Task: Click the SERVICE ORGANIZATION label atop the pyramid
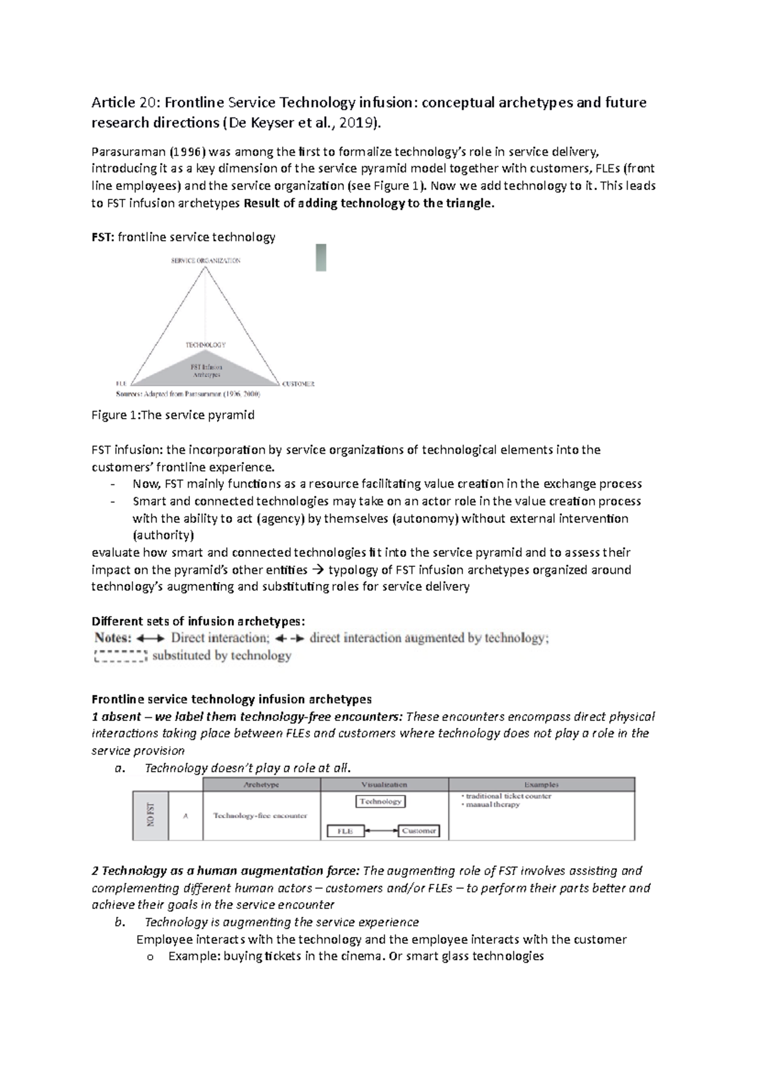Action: point(205,260)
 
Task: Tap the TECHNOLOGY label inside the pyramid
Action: point(205,345)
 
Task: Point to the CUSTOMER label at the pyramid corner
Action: point(298,383)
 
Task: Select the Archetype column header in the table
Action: point(261,785)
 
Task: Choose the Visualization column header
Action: point(384,785)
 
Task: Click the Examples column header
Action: point(541,785)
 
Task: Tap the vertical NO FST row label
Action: point(150,815)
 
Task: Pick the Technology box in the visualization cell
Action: point(380,801)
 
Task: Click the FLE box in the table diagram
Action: point(345,831)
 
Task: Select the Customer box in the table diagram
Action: point(419,831)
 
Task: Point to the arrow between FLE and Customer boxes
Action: point(381,831)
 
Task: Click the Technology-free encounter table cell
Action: point(260,815)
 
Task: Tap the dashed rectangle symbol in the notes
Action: point(120,656)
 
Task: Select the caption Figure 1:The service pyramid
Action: point(173,415)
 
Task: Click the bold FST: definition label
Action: point(103,237)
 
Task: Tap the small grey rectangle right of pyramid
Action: point(320,258)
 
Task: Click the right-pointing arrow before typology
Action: point(317,570)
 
